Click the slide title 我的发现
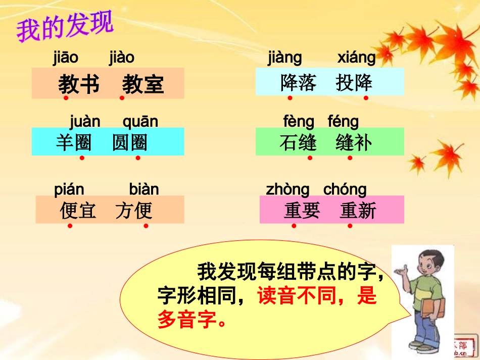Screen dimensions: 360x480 [x=65, y=28]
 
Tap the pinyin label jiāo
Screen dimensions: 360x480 [x=66, y=58]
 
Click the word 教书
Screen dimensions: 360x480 [x=79, y=84]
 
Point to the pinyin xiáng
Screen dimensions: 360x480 [x=356, y=58]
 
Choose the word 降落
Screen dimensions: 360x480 [x=298, y=82]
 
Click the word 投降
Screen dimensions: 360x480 [x=354, y=82]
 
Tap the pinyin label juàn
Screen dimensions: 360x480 [x=85, y=122]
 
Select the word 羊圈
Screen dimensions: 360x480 [x=74, y=143]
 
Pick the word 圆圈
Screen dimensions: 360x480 [x=130, y=143]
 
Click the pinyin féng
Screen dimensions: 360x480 [x=343, y=122]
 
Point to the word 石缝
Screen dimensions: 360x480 [x=298, y=143]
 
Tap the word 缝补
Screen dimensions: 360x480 [x=354, y=143]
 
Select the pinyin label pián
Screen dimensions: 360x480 [x=69, y=190]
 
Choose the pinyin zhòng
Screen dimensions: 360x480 [x=287, y=190]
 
